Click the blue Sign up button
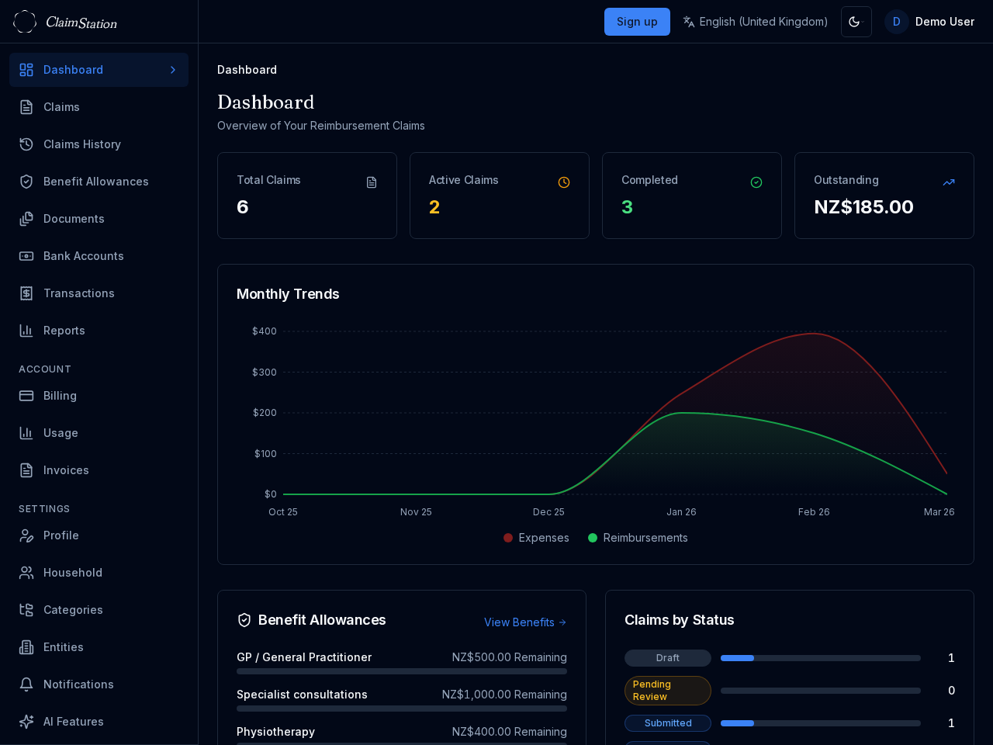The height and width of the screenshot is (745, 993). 637,22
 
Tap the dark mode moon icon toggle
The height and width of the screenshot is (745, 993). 856,22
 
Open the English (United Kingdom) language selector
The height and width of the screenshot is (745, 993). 755,22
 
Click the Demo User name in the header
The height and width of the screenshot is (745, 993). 944,22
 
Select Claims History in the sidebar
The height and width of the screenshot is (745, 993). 82,144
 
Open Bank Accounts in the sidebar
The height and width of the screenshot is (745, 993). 83,256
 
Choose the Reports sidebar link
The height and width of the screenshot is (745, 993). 64,331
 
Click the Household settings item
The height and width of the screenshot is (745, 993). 72,573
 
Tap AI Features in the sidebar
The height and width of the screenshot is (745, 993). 73,722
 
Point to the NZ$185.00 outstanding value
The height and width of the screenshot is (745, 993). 863,207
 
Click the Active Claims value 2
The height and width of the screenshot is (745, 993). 434,207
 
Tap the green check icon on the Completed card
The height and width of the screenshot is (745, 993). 756,182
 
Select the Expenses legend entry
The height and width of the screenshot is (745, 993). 536,538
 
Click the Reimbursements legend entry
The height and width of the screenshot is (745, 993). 638,538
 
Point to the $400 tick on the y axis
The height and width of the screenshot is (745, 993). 264,331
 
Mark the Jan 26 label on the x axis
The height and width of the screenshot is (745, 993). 681,512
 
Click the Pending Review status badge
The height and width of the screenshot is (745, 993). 667,691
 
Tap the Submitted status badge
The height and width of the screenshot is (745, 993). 667,723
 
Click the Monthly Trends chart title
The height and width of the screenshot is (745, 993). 288,294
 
